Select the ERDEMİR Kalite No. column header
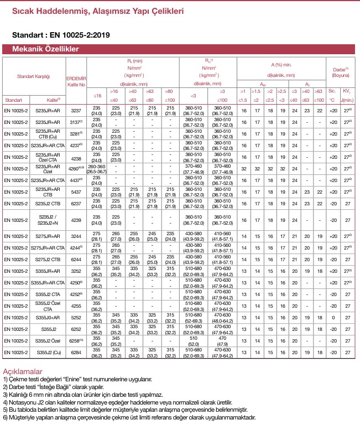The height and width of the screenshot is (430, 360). tap(76, 82)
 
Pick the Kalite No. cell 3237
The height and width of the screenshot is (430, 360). tap(76, 111)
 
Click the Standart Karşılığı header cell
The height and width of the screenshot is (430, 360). tap(34, 75)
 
